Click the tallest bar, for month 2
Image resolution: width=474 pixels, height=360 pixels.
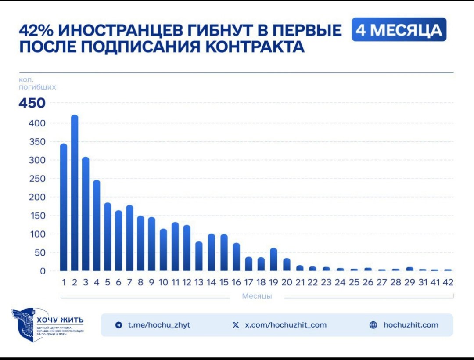(x=75, y=193)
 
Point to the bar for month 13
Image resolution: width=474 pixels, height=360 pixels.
(x=199, y=256)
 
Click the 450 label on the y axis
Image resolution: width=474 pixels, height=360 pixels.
(x=32, y=103)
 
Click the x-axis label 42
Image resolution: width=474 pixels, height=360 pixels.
(x=448, y=283)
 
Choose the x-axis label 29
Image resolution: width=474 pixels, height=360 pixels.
(x=409, y=283)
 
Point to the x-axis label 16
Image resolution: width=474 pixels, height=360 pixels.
(x=236, y=283)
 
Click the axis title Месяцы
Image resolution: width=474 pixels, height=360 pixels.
(x=257, y=296)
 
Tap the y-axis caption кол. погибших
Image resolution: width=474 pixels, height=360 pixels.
(x=37, y=83)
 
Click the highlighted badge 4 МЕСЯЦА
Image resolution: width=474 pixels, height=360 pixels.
(x=399, y=30)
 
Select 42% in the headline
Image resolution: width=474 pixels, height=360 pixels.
(x=36, y=31)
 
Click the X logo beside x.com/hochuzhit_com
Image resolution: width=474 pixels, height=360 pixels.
(x=236, y=325)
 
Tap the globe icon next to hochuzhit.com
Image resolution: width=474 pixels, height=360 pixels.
(x=373, y=325)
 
